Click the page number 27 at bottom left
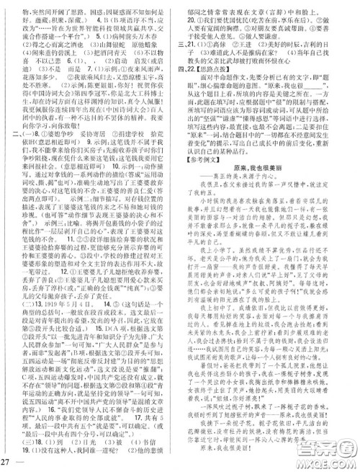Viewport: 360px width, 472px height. click(x=6, y=461)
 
